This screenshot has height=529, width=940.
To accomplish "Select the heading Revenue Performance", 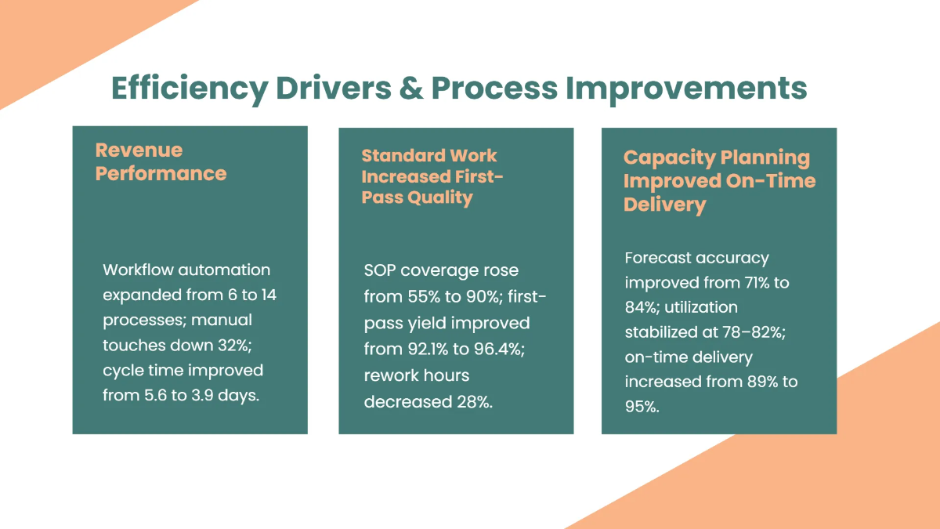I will pos(161,161).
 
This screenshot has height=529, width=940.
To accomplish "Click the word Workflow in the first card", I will pos(137,270).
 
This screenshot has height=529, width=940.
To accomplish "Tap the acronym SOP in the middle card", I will pos(381,270).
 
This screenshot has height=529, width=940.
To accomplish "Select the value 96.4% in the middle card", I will pos(494,349).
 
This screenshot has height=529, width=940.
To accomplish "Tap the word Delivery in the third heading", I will pos(665,205).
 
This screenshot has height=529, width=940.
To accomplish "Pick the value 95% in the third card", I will pos(642,407).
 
